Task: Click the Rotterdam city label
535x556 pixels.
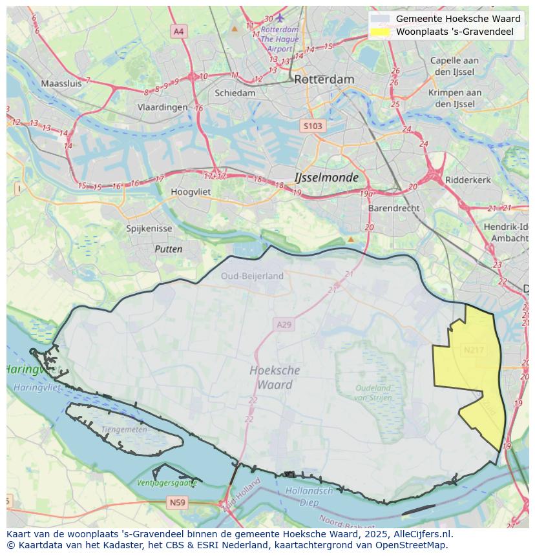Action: click(324, 79)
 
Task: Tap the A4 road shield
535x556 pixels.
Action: click(178, 31)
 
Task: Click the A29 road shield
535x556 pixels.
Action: click(284, 324)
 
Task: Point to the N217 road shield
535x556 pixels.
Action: click(473, 350)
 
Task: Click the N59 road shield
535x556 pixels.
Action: click(177, 502)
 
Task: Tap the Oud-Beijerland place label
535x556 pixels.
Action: click(252, 276)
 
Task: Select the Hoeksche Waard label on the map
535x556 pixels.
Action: click(275, 377)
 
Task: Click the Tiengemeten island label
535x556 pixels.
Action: click(124, 429)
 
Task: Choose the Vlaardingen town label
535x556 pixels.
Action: click(162, 108)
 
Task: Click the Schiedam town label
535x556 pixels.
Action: click(235, 93)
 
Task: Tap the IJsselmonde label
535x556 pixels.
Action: click(326, 177)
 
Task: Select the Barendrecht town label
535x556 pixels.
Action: click(393, 209)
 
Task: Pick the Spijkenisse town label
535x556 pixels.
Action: click(149, 229)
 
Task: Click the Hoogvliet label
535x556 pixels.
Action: click(191, 192)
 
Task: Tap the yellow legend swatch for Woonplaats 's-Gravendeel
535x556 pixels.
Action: click(381, 32)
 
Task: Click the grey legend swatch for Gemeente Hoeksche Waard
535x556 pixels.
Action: click(381, 19)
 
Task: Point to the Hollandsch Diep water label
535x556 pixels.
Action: click(309, 497)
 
